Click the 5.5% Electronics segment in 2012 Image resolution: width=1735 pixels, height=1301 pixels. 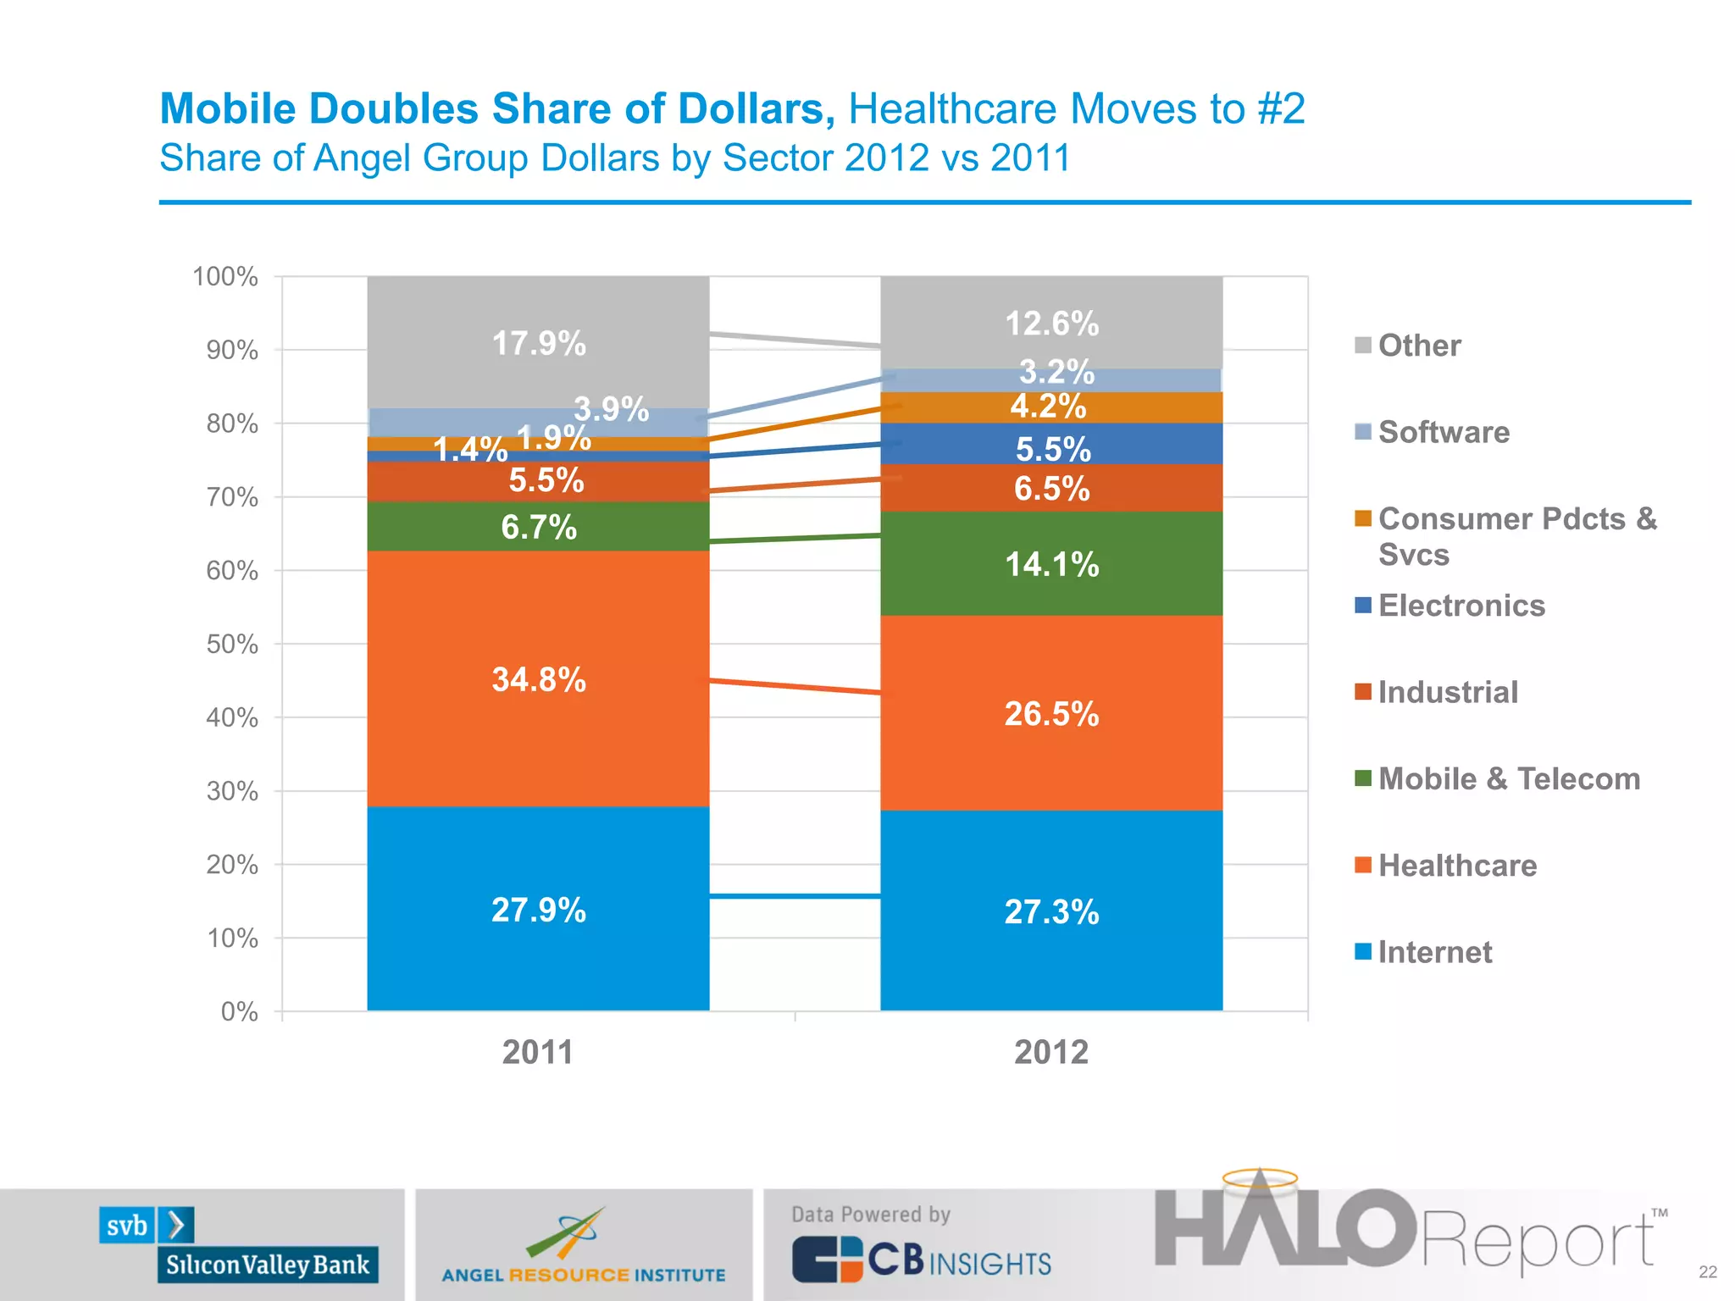(x=1051, y=444)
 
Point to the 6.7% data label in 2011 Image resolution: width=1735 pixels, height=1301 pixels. (x=539, y=527)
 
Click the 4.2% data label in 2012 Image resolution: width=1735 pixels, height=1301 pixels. (x=1048, y=407)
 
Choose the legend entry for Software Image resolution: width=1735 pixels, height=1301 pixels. (x=1443, y=432)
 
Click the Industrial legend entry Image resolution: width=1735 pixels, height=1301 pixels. (x=1447, y=692)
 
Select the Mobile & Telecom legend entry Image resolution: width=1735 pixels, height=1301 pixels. (x=1508, y=778)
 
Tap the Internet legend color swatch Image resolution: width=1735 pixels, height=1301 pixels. (x=1362, y=951)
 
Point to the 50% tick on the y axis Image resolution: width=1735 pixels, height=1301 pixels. (x=231, y=644)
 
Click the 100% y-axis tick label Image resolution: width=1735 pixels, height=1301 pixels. (x=224, y=276)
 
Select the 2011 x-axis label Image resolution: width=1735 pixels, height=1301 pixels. (x=538, y=1052)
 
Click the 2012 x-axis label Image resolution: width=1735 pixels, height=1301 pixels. (x=1051, y=1052)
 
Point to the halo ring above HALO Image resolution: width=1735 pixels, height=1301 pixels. (x=1260, y=1178)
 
